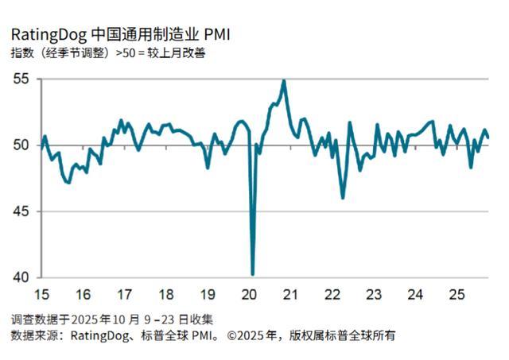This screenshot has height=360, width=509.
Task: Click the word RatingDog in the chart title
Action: (x=45, y=34)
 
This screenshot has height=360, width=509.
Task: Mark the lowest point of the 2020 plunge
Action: (x=253, y=274)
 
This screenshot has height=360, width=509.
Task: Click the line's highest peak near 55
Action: (x=284, y=80)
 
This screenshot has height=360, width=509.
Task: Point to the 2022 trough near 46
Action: (x=343, y=198)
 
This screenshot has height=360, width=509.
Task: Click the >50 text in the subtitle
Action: (x=128, y=54)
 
